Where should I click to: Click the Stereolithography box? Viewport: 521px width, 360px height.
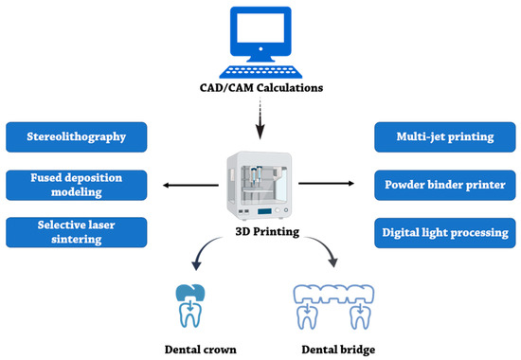point(78,137)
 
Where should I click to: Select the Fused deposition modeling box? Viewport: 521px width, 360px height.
point(78,184)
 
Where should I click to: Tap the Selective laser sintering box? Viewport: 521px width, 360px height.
point(78,230)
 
